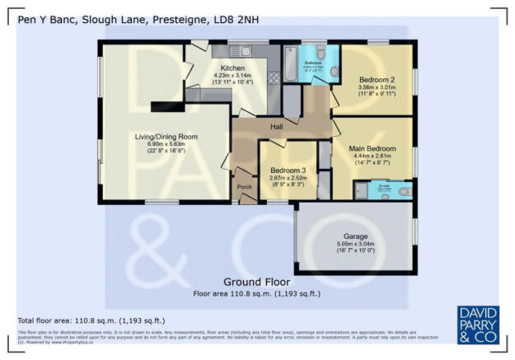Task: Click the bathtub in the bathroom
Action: point(290,62)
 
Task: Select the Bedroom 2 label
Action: point(378,79)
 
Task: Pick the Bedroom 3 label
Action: point(288,171)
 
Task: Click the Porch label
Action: point(245,186)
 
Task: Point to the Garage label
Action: point(355,236)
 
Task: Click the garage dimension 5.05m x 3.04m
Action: point(355,244)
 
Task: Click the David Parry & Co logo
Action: point(477,325)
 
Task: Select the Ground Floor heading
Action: point(256,281)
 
